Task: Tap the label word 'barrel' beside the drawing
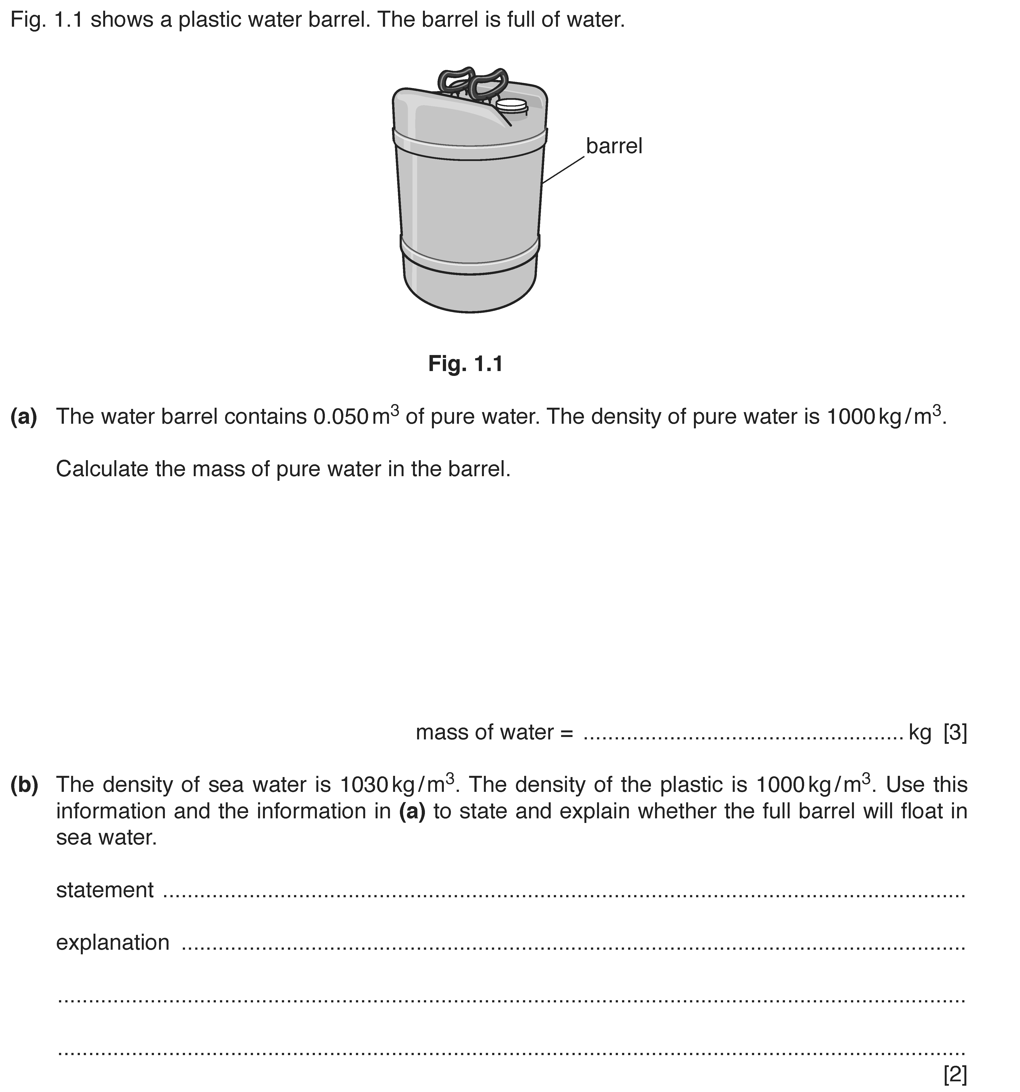[614, 146]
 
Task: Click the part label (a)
[24, 417]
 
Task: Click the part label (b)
[24, 785]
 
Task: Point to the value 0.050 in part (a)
[340, 417]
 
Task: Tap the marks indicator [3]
[955, 733]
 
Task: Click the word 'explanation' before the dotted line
[113, 943]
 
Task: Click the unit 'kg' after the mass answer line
[920, 733]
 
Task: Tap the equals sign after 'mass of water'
[566, 733]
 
